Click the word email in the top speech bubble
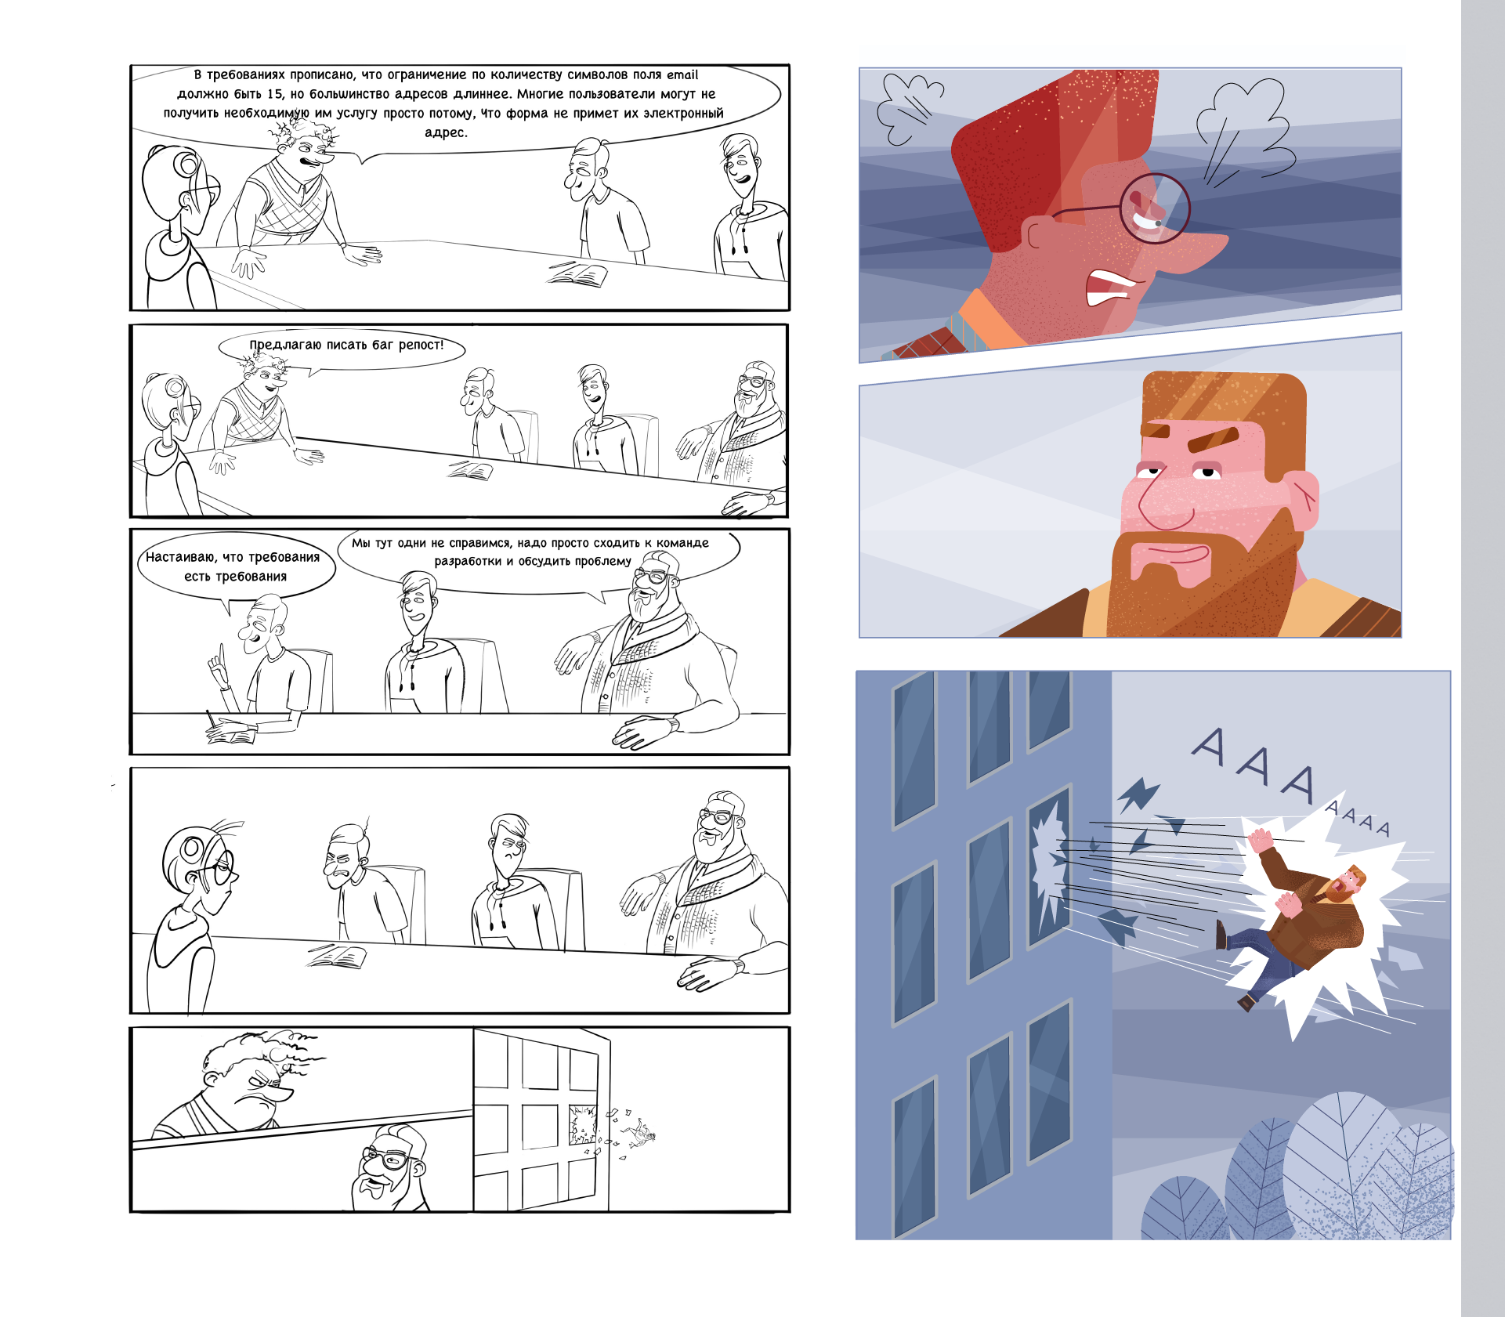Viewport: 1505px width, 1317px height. [x=682, y=75]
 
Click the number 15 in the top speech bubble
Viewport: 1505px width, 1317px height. [x=274, y=94]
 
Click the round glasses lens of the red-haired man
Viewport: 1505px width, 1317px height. [x=1154, y=208]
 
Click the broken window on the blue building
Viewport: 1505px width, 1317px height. [x=1048, y=866]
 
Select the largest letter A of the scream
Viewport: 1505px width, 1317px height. [x=1209, y=747]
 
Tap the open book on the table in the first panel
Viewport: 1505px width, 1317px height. [x=578, y=275]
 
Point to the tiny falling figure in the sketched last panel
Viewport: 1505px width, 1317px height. [x=642, y=1134]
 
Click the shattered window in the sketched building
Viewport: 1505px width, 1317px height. [x=582, y=1124]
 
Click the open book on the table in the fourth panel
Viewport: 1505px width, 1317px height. [x=338, y=956]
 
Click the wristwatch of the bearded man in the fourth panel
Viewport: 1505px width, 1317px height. [x=738, y=966]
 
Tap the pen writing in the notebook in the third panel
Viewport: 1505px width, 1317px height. [x=210, y=721]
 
